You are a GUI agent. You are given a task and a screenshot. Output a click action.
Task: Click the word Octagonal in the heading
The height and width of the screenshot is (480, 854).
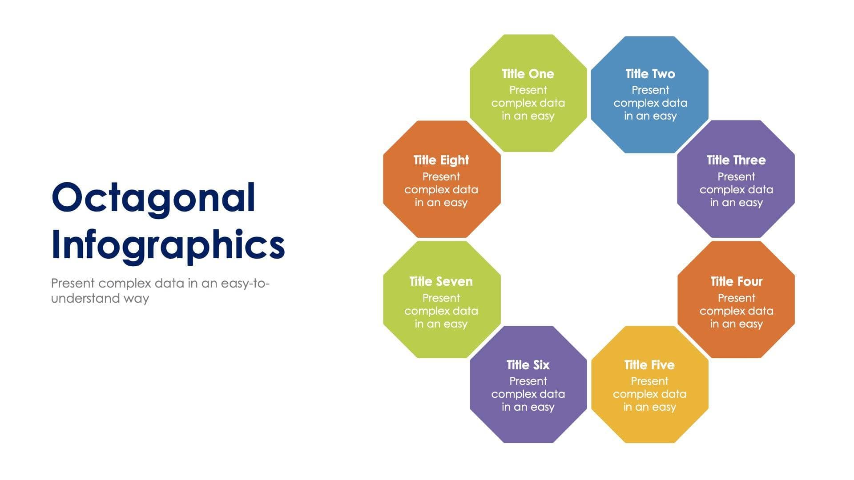(153, 198)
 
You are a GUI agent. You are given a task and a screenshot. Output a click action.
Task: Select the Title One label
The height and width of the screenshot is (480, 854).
(528, 74)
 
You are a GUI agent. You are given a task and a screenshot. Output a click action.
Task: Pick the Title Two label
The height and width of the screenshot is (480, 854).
(650, 74)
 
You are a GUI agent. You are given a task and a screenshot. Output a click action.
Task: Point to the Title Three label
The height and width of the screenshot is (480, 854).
(736, 160)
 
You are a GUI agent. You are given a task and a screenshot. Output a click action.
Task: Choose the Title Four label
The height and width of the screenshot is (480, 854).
(736, 281)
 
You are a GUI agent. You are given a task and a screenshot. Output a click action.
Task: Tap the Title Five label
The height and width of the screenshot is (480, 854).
(649, 365)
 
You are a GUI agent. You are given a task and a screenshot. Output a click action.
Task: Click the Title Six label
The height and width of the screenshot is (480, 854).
(528, 365)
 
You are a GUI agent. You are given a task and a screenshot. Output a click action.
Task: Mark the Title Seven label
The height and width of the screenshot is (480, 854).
(441, 281)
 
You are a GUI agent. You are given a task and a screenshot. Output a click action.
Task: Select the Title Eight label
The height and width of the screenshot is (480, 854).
(441, 160)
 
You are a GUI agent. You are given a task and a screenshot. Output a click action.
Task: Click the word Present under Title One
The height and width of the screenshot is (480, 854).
(528, 90)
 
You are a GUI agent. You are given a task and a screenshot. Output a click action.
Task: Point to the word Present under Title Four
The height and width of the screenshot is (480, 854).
(736, 298)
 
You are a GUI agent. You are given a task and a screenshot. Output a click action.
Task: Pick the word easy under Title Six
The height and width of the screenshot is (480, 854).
(542, 407)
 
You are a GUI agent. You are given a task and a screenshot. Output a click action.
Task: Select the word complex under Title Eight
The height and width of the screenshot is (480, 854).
(425, 190)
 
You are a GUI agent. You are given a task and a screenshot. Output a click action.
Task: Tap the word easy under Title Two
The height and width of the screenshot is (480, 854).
(665, 116)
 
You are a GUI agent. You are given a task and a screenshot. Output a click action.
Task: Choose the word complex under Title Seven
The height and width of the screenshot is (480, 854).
(425, 311)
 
